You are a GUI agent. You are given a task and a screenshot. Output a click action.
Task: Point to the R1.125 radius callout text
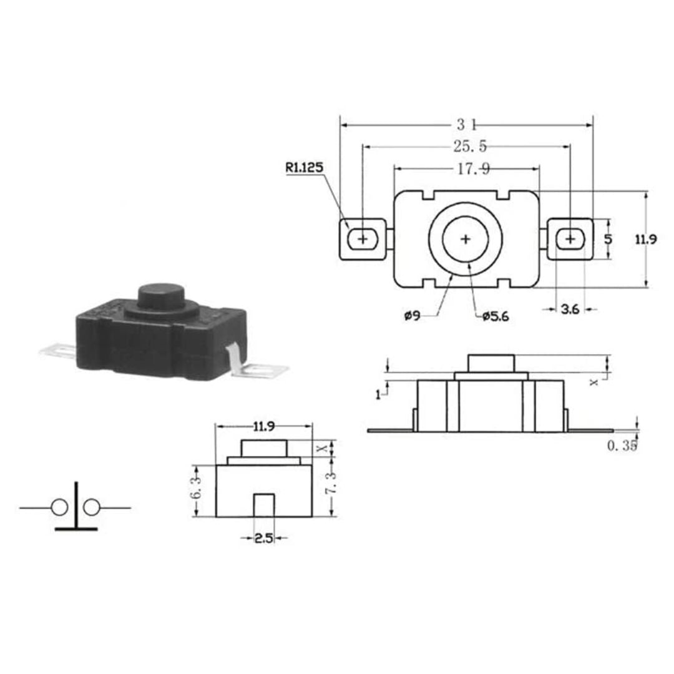point(305,167)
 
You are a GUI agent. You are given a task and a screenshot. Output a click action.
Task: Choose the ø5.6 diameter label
point(496,317)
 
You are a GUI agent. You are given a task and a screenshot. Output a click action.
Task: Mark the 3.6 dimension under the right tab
point(570,309)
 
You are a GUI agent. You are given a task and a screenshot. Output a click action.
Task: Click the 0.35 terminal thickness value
point(621,446)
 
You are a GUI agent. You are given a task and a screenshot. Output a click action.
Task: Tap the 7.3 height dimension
point(331,485)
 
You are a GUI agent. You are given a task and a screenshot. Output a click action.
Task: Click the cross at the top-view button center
point(466,239)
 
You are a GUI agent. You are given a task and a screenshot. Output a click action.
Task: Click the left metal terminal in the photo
point(58,351)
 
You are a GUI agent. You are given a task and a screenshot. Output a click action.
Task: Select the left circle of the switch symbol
point(59,508)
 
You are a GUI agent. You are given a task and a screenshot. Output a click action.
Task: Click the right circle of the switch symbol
point(92,508)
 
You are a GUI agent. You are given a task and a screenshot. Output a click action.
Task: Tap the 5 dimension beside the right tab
point(608,239)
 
